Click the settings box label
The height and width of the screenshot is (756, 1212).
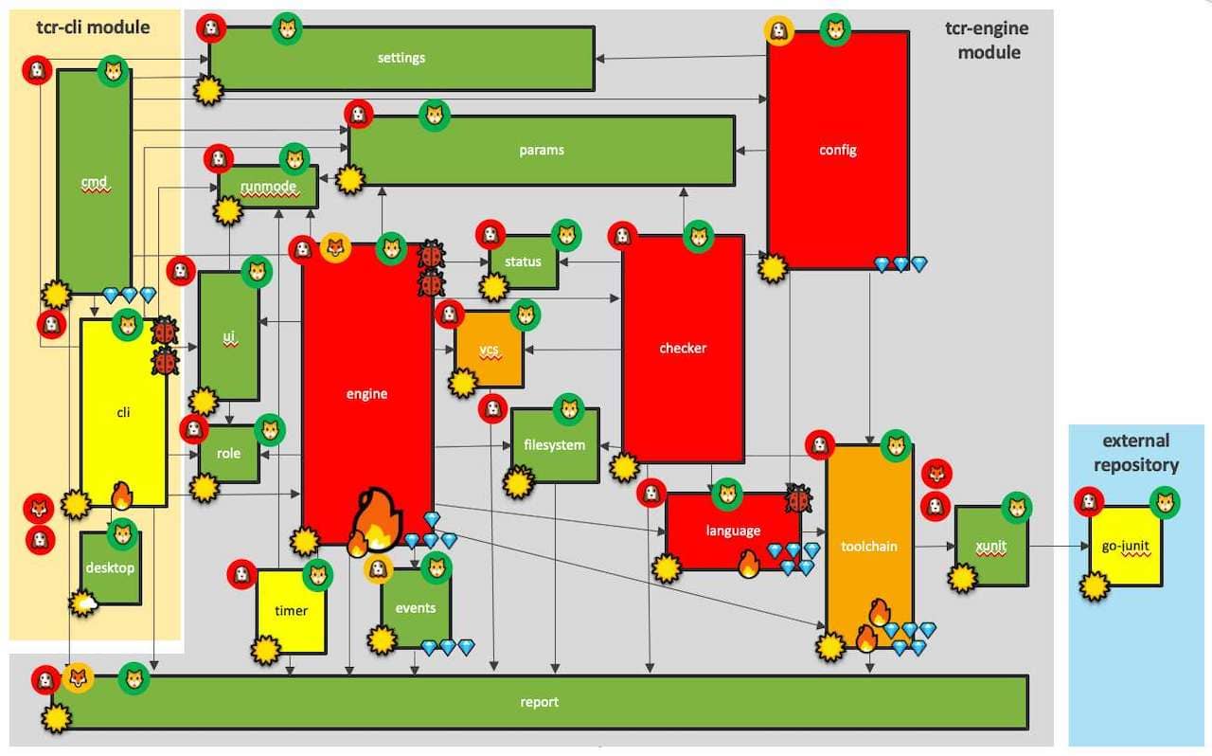(401, 58)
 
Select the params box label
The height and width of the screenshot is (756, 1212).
(541, 150)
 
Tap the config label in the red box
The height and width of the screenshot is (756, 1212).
(838, 150)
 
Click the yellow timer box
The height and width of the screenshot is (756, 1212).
(291, 611)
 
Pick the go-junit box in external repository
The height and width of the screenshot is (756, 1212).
(1126, 546)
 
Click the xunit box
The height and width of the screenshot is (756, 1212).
(990, 546)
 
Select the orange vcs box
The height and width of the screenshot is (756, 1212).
(490, 350)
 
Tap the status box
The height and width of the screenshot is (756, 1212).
(524, 262)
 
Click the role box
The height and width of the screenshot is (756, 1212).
(229, 454)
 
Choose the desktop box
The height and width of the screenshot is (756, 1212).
(111, 568)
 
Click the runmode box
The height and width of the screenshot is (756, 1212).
(268, 187)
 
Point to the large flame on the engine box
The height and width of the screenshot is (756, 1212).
(378, 520)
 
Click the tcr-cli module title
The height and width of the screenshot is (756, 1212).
(93, 27)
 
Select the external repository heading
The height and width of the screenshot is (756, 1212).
(1136, 453)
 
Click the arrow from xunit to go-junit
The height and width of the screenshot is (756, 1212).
(1059, 547)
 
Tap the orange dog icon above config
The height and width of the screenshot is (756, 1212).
(778, 30)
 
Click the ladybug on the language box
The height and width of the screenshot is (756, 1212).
(798, 498)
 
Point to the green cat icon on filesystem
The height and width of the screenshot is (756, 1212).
(569, 409)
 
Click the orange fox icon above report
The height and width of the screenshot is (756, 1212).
(79, 678)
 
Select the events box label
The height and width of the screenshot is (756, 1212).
(416, 608)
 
